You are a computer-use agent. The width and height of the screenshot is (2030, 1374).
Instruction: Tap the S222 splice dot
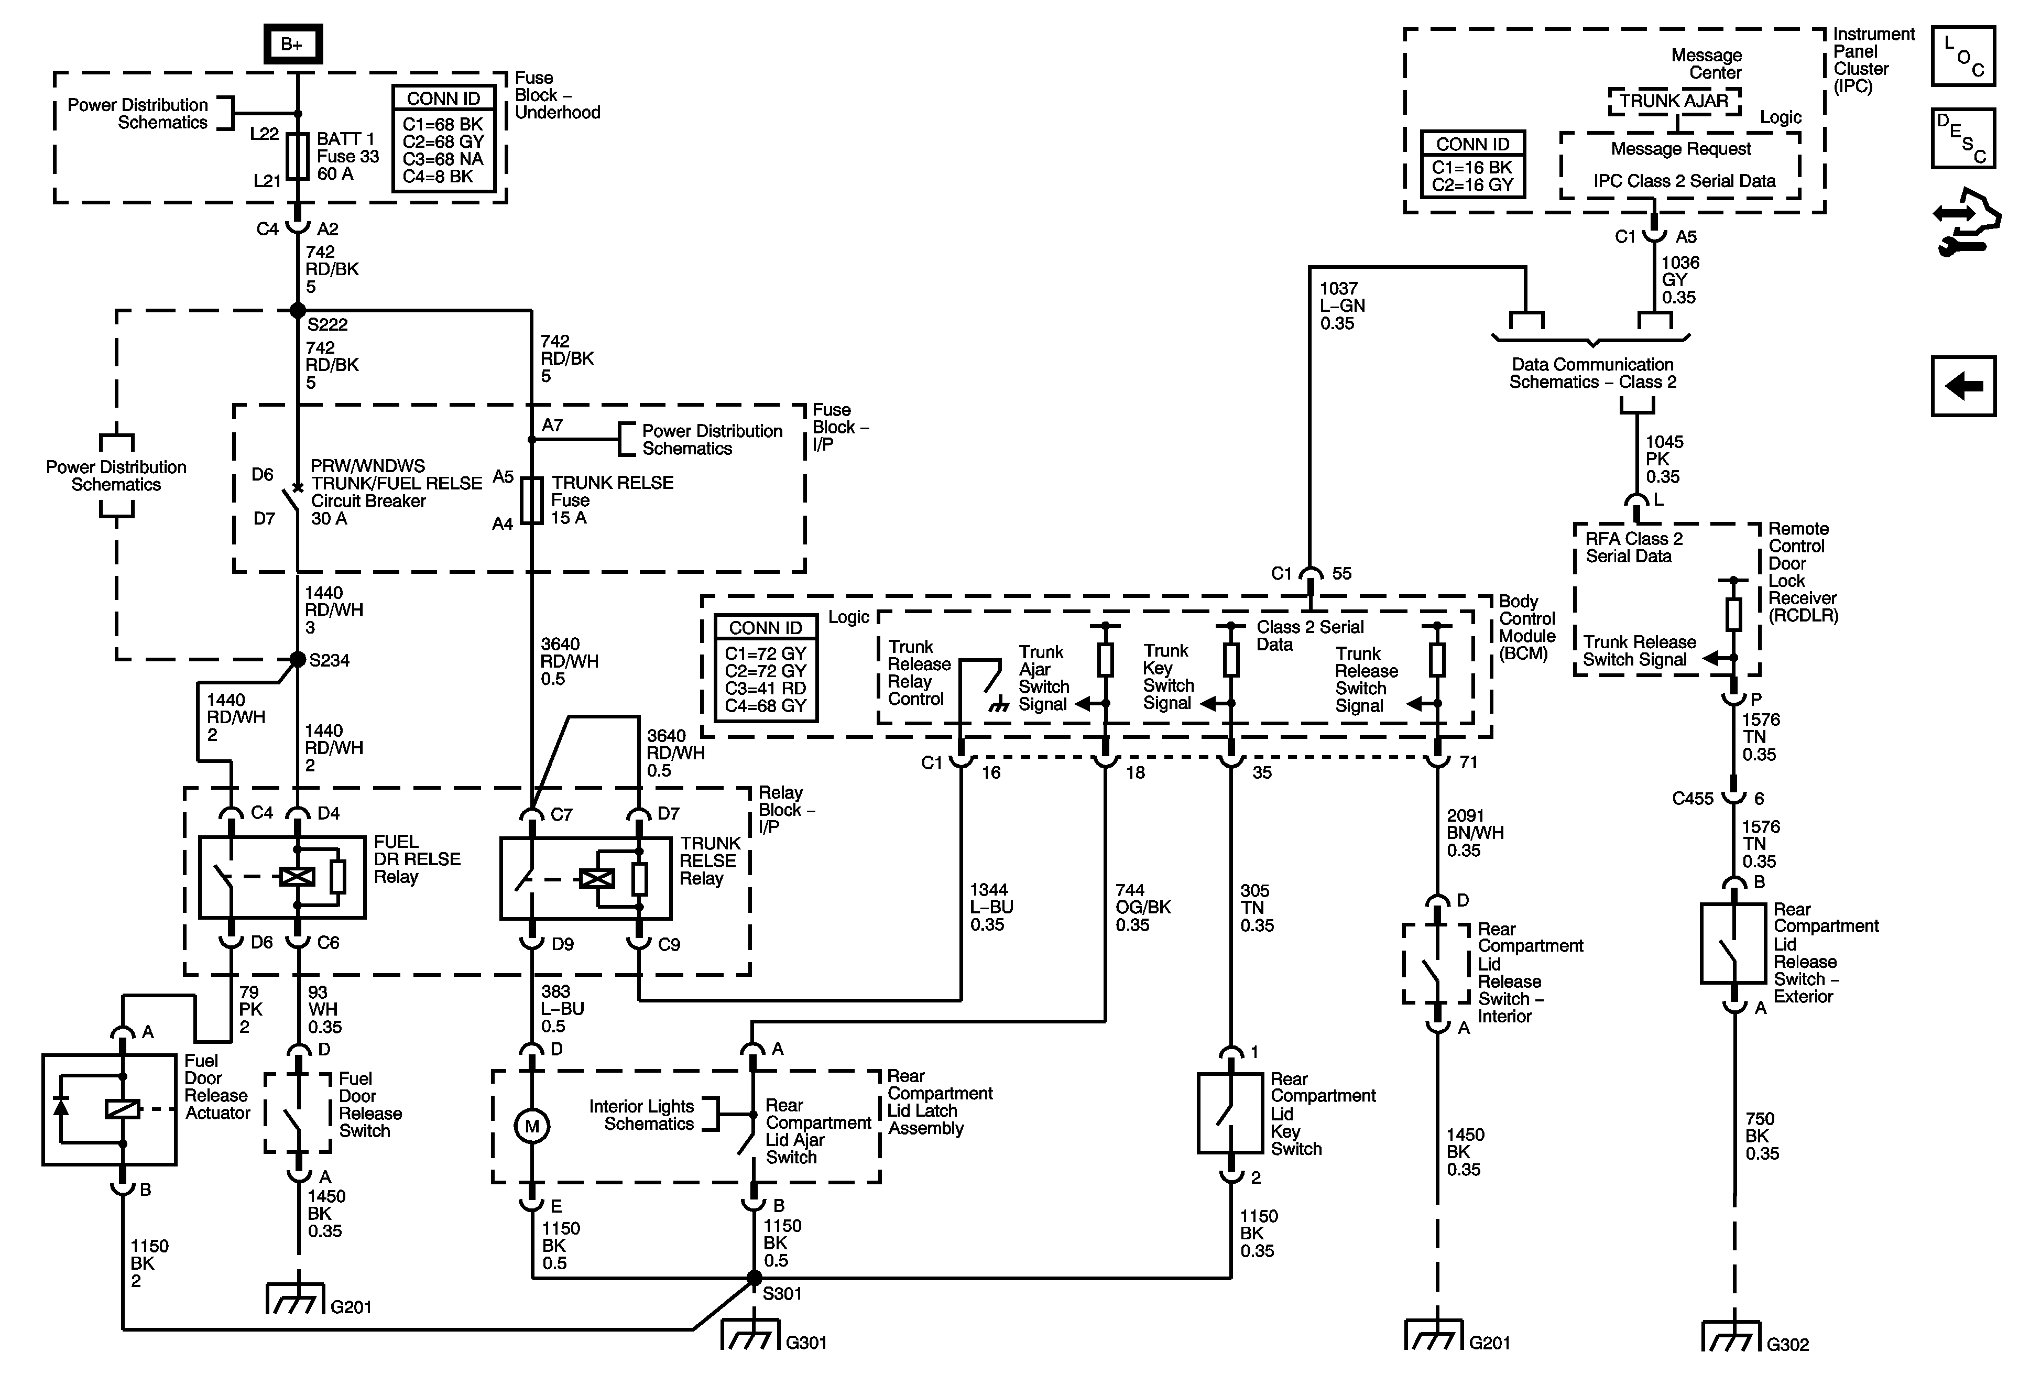coord(297,310)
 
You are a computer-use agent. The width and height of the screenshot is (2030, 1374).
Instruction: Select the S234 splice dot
coord(297,659)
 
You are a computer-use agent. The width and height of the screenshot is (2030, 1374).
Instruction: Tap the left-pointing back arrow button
coord(1963,385)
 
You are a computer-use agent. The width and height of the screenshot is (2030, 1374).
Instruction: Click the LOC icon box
coord(1963,56)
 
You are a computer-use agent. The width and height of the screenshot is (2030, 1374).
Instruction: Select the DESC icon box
coord(1963,138)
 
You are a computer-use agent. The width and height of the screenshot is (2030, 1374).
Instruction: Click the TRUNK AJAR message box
coord(1674,101)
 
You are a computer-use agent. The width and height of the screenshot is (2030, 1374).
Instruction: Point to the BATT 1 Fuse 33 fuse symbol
coord(298,156)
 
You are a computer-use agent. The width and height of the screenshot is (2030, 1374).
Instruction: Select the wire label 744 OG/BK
coord(1142,907)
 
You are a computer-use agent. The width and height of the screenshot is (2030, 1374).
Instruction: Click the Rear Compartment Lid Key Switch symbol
coord(1231,1114)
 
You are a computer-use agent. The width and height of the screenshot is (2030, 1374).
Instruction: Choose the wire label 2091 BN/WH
coord(1475,833)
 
